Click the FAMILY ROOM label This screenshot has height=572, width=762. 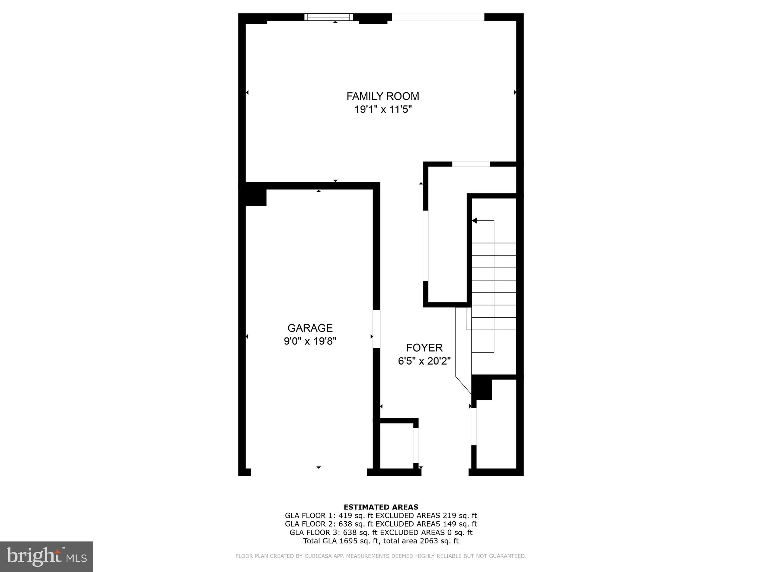point(382,96)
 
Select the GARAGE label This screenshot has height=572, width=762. point(310,328)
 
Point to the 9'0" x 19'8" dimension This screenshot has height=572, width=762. point(310,341)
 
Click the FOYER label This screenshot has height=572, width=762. point(424,348)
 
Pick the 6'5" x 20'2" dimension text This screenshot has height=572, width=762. point(424,361)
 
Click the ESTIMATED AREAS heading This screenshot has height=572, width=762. point(381,507)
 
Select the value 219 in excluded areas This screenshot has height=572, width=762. point(449,516)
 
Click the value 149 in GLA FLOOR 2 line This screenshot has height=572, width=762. point(449,524)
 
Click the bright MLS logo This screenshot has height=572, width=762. point(47,557)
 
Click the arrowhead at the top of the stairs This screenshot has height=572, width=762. point(474,221)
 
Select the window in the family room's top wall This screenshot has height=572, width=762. point(329,17)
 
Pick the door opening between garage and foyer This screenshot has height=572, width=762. point(377,329)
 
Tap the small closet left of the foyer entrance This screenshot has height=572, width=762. point(396,447)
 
